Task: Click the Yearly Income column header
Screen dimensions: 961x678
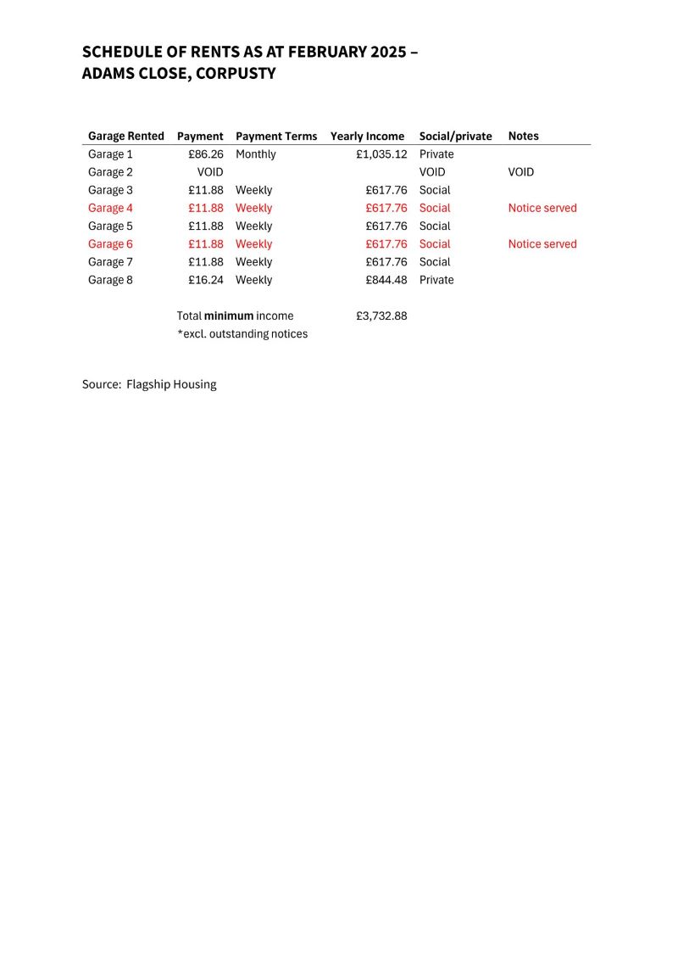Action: point(367,136)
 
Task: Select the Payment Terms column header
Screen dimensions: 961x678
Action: point(276,136)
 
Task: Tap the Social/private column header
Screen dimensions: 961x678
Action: point(455,136)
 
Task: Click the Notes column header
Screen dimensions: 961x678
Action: point(523,136)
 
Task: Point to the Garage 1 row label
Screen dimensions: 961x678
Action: point(110,154)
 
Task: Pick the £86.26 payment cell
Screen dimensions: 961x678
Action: point(206,154)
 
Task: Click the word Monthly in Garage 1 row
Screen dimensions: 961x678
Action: point(256,154)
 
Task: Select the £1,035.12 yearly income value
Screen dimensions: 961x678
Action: point(381,154)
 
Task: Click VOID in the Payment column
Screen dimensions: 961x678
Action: point(210,172)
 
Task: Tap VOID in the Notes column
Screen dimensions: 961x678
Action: point(521,172)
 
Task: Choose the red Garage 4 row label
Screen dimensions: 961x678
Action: point(110,208)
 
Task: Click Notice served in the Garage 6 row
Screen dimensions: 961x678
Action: point(542,244)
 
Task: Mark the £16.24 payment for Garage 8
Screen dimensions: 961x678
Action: point(206,280)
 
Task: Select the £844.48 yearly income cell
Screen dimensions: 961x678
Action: point(386,280)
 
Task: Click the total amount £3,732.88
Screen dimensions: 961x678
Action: point(381,316)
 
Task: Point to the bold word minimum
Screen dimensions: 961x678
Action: point(229,316)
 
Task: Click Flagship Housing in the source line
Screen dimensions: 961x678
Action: point(171,384)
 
